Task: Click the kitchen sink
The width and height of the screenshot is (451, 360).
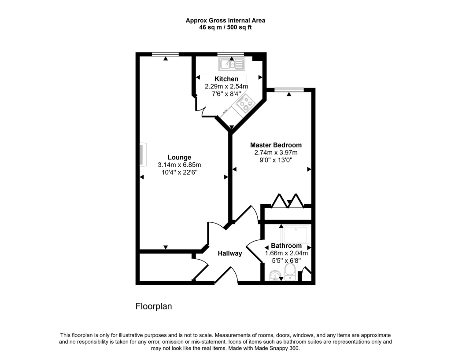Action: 231,65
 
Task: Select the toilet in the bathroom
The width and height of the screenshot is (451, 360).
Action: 290,272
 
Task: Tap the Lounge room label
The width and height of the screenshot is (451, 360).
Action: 179,157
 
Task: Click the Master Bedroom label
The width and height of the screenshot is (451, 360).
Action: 276,145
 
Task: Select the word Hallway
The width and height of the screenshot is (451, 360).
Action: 230,253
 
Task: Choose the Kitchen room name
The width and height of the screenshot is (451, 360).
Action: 226,79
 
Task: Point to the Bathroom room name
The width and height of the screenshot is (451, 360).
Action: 286,246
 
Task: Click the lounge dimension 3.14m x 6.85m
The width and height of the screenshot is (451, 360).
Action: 179,165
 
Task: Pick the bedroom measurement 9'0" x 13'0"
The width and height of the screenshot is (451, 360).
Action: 276,160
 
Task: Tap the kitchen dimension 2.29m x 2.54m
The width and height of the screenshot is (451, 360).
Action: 226,86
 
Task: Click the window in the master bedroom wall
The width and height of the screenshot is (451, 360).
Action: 289,90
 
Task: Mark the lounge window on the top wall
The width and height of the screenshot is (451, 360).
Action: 165,54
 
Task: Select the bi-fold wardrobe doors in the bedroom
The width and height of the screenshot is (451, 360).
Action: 288,201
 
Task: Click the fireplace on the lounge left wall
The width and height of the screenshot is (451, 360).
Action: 142,155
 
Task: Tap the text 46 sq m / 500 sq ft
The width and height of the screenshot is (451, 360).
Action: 225,27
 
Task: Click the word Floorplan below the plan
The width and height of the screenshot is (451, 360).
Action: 153,306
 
